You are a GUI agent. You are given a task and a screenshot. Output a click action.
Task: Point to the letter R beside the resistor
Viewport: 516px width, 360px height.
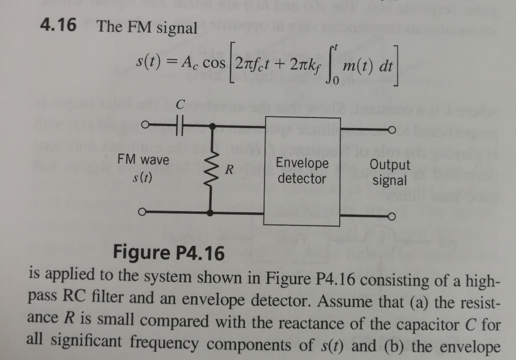[x=228, y=170]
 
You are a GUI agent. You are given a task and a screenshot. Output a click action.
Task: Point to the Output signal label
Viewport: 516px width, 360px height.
[x=390, y=172]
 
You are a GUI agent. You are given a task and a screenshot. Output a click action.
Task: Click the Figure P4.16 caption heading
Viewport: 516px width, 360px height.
[x=169, y=252]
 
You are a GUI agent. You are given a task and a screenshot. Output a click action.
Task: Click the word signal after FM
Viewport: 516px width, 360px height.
[x=176, y=27]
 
